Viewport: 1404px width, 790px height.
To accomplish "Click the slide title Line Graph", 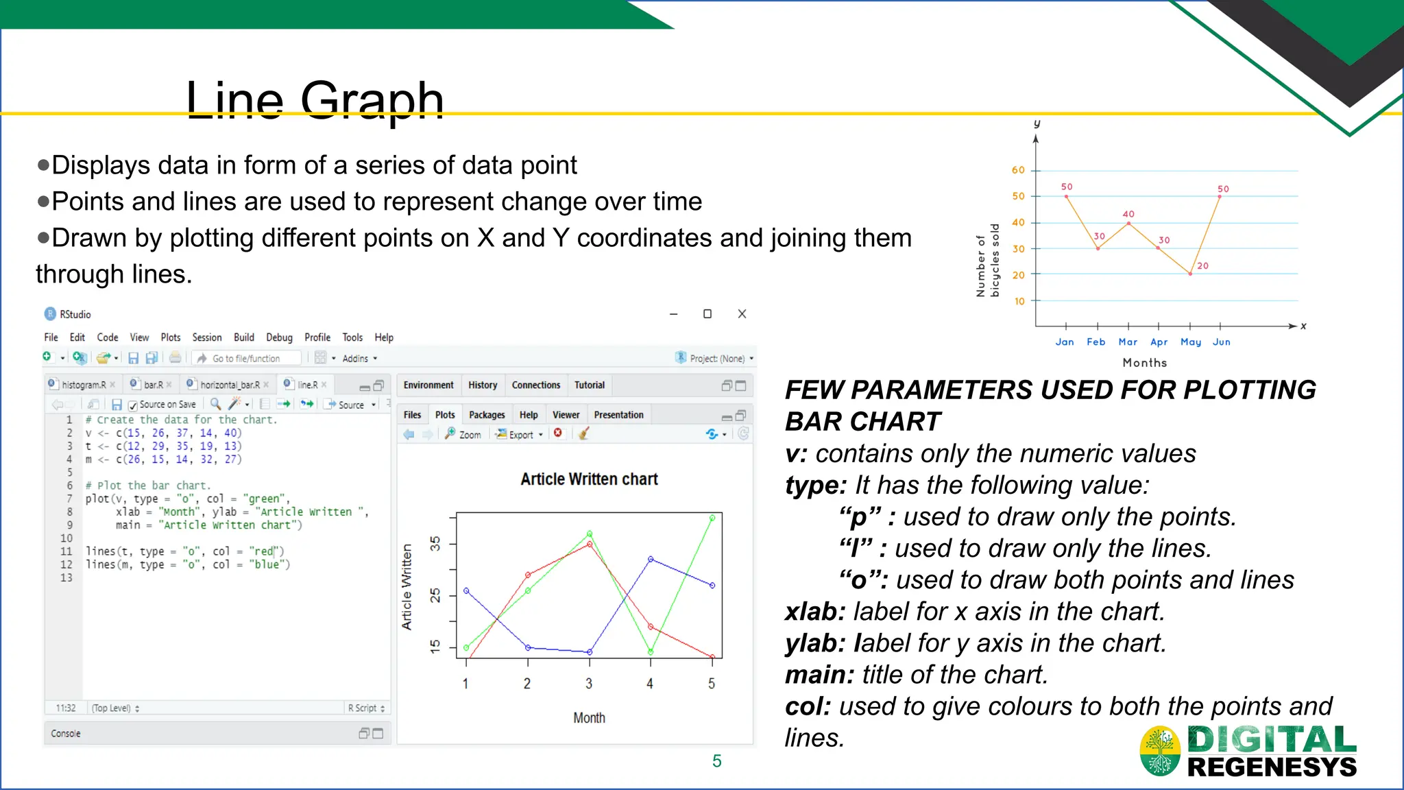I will point(315,100).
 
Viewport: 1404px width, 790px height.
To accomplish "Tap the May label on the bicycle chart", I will point(1190,342).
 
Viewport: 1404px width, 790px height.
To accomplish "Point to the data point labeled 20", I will point(1190,274).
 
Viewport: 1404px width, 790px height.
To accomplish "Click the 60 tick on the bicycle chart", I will point(1018,170).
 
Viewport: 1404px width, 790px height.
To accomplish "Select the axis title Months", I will point(1144,362).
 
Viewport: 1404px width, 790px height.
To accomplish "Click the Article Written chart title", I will point(589,479).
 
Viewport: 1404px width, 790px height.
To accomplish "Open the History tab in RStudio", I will point(483,385).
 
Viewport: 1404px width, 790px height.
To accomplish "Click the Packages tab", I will point(487,415).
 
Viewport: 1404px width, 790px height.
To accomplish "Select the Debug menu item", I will point(279,337).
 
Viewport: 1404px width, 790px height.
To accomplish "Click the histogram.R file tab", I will point(83,385).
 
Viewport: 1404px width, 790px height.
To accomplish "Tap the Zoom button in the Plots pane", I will point(463,434).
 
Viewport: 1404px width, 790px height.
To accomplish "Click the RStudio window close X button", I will point(742,314).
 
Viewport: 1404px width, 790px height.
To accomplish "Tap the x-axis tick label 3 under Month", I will point(588,683).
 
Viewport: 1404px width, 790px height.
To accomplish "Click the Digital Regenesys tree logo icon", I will point(1160,750).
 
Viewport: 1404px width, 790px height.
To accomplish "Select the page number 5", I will point(716,761).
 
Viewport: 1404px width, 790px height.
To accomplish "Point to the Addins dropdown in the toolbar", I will point(359,358).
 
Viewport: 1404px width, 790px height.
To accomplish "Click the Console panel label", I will point(66,733).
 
